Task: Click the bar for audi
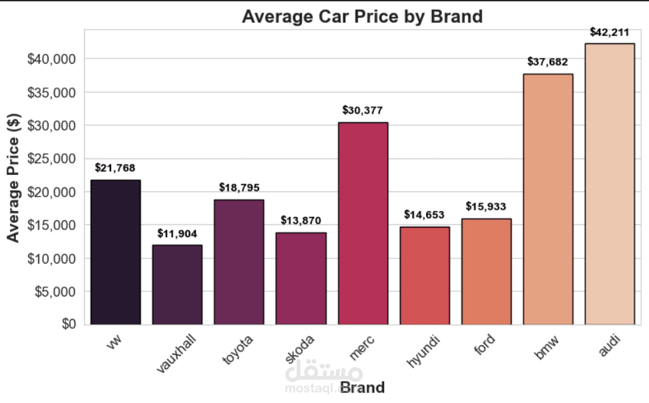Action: tap(610, 184)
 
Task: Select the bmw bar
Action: tap(548, 199)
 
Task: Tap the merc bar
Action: tap(363, 224)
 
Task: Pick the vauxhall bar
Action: tap(177, 285)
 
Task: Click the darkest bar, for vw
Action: tap(115, 252)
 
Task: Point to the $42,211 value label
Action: tap(610, 32)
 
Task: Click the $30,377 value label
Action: tap(362, 110)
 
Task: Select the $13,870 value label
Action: tap(300, 220)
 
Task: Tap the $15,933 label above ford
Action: tap(487, 206)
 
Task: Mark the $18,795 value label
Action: tap(239, 187)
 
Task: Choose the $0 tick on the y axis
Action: tap(68, 325)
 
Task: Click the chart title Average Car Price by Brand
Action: tap(362, 16)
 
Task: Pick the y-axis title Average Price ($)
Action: tap(14, 178)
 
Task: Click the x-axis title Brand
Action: tap(362, 387)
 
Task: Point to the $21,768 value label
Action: tap(115, 168)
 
